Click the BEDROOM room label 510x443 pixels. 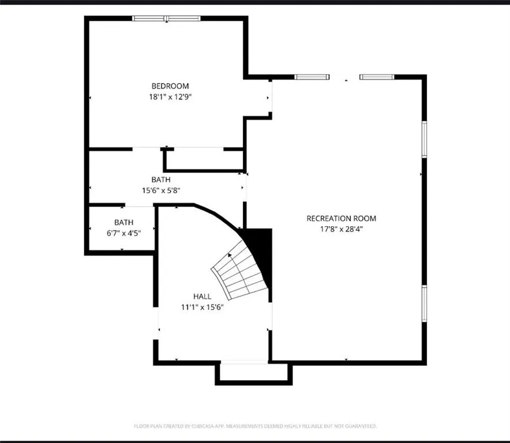[x=170, y=86]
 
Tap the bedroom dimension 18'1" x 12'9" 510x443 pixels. [x=170, y=97]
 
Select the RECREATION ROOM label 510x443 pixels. [x=341, y=218]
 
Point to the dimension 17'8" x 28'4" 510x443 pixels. [x=341, y=229]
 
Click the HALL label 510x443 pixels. [x=202, y=296]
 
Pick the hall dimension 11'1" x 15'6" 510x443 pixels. [x=202, y=307]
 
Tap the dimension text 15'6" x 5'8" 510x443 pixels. [x=162, y=190]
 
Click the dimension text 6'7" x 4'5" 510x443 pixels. [x=123, y=233]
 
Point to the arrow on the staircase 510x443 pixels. [x=230, y=254]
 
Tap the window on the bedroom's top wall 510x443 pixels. [x=167, y=18]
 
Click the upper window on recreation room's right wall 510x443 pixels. [x=424, y=139]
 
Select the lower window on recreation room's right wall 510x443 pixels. [x=424, y=303]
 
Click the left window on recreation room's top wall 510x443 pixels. [x=312, y=77]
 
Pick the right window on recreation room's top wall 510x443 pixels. [x=377, y=77]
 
